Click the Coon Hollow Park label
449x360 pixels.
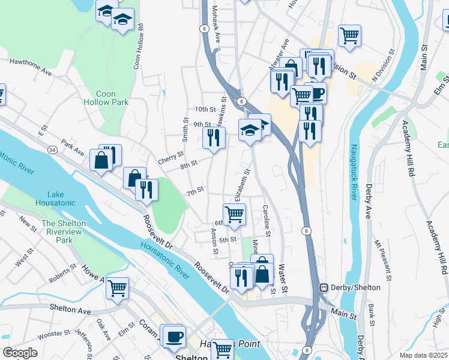click(113, 98)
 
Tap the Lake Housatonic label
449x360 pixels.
click(64, 199)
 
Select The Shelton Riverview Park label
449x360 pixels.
click(64, 232)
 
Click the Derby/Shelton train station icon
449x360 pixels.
click(323, 287)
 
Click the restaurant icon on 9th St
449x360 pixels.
click(214, 139)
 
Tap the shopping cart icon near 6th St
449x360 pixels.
click(234, 214)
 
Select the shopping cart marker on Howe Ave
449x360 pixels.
click(118, 288)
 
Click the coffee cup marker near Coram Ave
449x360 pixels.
click(174, 337)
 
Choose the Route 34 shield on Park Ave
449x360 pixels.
click(53, 149)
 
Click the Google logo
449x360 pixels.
click(20, 352)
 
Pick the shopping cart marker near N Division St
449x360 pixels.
click(349, 35)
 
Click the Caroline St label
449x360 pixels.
click(266, 221)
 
